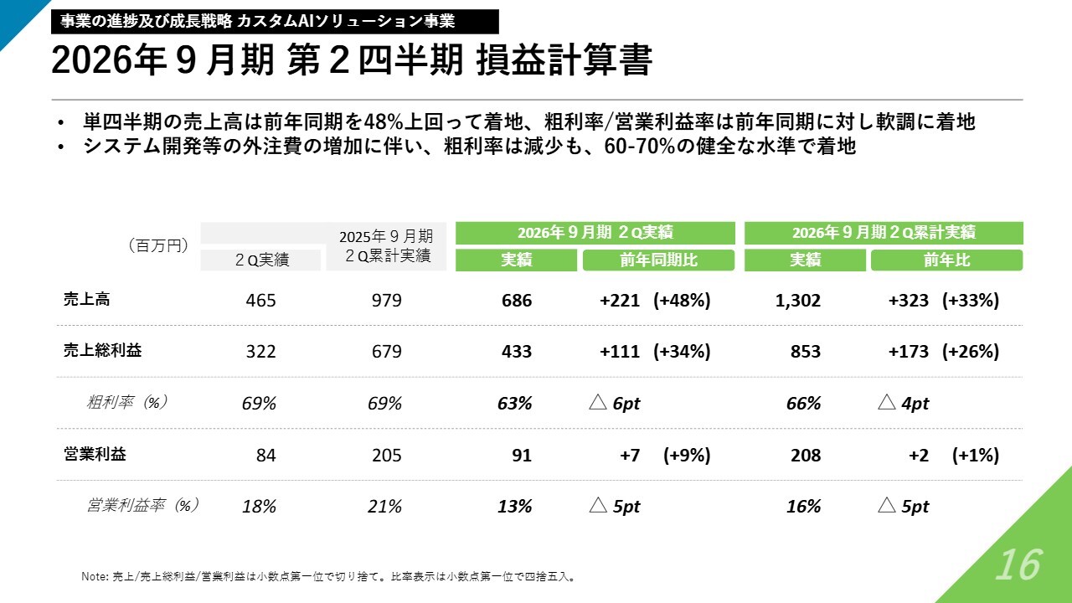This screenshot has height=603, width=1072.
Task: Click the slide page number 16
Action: click(x=1018, y=564)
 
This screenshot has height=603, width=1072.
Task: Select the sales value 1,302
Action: click(x=798, y=301)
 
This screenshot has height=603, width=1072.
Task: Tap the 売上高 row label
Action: click(x=86, y=300)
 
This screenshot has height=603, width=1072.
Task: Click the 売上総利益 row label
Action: click(x=102, y=350)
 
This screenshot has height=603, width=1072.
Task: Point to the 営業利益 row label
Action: click(x=95, y=454)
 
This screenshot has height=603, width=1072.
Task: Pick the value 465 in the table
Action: click(x=260, y=301)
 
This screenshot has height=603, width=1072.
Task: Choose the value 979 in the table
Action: click(x=387, y=301)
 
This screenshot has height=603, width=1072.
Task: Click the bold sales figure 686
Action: click(x=517, y=301)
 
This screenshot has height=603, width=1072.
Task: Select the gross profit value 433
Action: click(x=517, y=351)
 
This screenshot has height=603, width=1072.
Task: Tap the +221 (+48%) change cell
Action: click(x=655, y=301)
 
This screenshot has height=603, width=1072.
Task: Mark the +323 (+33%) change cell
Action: click(x=944, y=301)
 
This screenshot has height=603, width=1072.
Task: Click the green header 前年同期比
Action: click(x=658, y=260)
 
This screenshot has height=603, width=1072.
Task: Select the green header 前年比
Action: click(x=946, y=260)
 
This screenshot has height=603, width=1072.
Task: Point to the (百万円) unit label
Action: click(x=158, y=245)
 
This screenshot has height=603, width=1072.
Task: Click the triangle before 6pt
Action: click(x=598, y=402)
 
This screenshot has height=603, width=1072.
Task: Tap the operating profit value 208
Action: click(x=806, y=455)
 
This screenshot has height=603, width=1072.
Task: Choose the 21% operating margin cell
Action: click(x=384, y=507)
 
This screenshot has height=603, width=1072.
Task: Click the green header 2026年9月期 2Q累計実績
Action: click(x=884, y=233)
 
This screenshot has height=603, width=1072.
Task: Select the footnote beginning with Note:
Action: click(x=329, y=577)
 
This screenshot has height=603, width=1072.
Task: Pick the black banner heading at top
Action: click(x=275, y=22)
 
